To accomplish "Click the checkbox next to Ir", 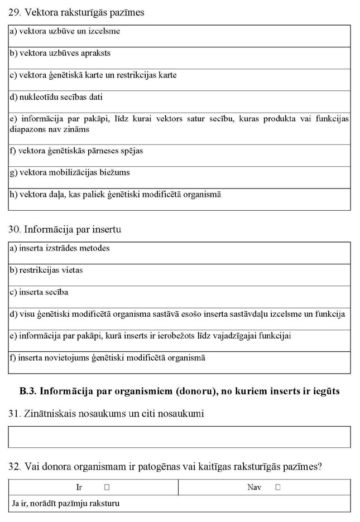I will coord(107,487).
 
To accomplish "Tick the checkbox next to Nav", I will coord(278,487).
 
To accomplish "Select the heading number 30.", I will coord(15,229).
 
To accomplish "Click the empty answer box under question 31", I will coord(179,437).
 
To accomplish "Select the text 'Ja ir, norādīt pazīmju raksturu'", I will coord(66,504).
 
